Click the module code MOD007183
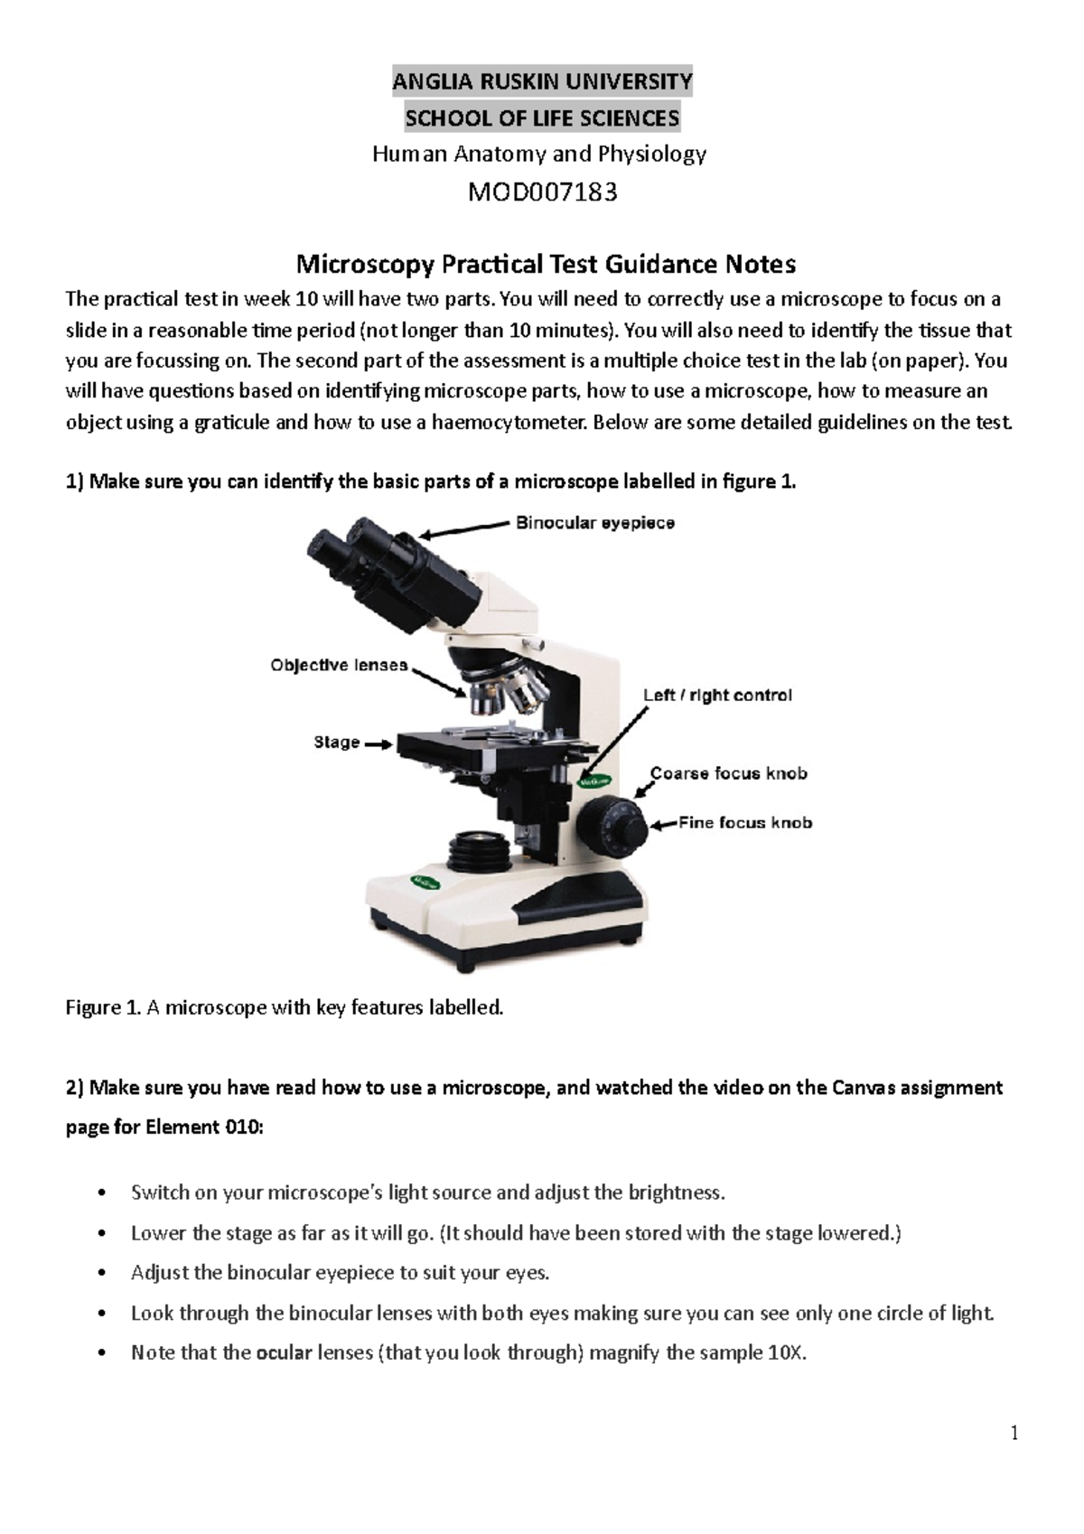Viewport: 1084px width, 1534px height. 542,192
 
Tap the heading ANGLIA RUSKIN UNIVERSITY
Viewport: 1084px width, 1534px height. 542,82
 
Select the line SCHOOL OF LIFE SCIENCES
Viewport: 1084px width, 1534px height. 542,118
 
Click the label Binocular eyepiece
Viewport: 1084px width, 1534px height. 595,523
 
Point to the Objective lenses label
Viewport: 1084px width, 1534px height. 339,666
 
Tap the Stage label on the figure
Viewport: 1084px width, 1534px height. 337,743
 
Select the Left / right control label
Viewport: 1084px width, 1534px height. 717,696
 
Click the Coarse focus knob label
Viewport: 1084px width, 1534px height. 728,774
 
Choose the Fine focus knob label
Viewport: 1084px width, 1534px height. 745,823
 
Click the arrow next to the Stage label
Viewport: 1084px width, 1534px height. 378,744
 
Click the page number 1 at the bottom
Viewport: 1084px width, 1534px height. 1014,1434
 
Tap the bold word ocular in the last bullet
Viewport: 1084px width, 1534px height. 285,1353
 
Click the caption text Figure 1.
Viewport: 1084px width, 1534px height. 103,1007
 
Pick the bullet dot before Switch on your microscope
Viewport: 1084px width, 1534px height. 107,1193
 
